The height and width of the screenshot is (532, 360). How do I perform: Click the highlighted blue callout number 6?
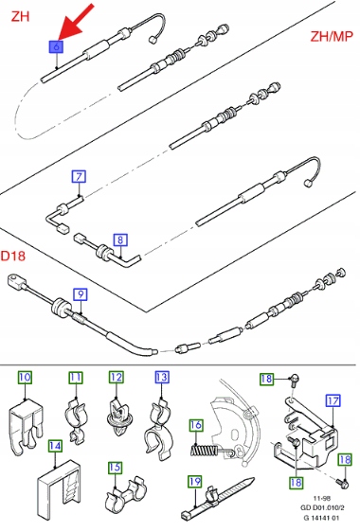(56, 46)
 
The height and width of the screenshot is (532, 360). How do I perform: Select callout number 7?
(79, 177)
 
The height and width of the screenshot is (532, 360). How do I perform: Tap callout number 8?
(120, 240)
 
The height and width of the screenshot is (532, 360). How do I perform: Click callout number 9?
(81, 294)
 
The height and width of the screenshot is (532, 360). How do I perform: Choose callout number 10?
(25, 377)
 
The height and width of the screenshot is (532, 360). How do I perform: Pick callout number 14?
(55, 446)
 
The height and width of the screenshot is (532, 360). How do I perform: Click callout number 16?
(196, 425)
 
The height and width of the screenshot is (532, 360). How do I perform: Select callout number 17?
(333, 401)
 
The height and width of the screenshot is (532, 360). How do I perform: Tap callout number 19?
(195, 482)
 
